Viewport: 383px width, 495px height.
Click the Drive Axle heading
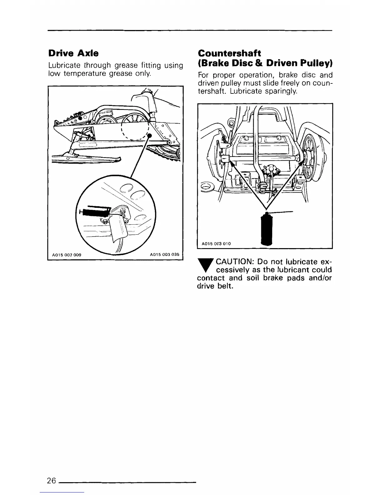[x=74, y=53]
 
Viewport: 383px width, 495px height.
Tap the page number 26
[x=51, y=480]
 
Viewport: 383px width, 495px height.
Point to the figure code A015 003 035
[x=165, y=254]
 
